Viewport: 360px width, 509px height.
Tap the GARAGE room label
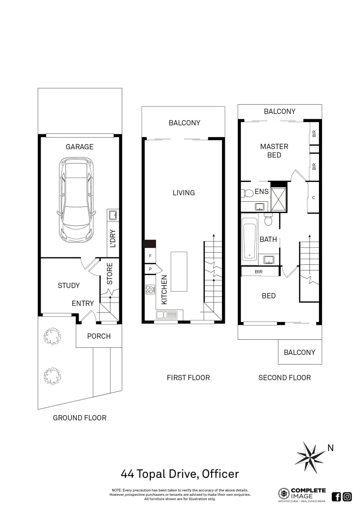click(79, 147)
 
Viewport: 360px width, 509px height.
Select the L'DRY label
click(113, 238)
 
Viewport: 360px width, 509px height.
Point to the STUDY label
click(69, 286)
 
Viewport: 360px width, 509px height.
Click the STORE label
click(109, 274)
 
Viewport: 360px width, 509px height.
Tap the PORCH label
click(99, 336)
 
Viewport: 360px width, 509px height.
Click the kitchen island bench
click(179, 271)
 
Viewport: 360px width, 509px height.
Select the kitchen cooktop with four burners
click(150, 289)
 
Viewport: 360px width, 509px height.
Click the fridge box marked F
click(150, 255)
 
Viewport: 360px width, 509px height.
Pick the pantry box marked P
click(150, 270)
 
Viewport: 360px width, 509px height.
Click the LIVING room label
click(183, 193)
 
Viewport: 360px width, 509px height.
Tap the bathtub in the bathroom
click(250, 238)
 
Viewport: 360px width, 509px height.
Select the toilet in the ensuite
click(248, 193)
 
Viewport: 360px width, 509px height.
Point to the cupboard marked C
click(313, 197)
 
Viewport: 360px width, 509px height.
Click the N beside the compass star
click(330, 448)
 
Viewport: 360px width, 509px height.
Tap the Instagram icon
click(347, 496)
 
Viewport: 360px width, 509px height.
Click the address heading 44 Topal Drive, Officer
click(180, 474)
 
